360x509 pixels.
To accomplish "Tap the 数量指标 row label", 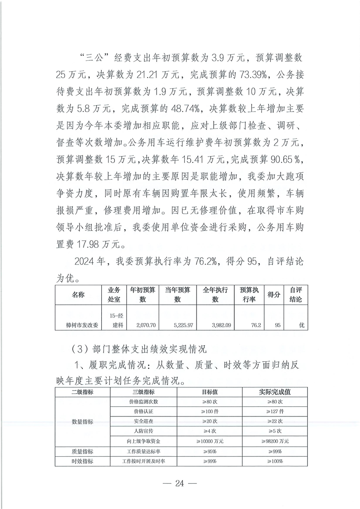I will (x=83, y=421).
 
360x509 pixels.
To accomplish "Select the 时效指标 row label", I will (x=83, y=461).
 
